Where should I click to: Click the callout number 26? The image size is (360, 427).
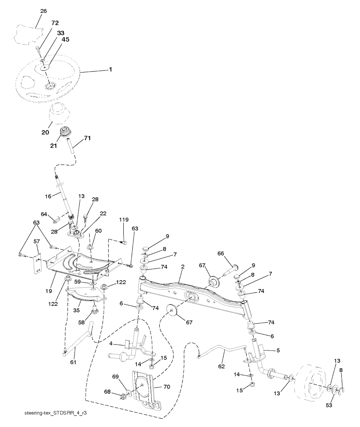pos(43,11)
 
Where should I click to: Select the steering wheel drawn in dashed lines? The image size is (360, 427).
pos(48,78)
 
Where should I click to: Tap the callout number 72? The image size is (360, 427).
pos(55,23)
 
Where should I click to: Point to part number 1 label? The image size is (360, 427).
pos(110,70)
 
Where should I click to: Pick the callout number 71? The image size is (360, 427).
pos(87,138)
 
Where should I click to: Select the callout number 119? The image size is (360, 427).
pos(124,220)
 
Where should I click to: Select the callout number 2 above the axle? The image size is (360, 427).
pos(183,267)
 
